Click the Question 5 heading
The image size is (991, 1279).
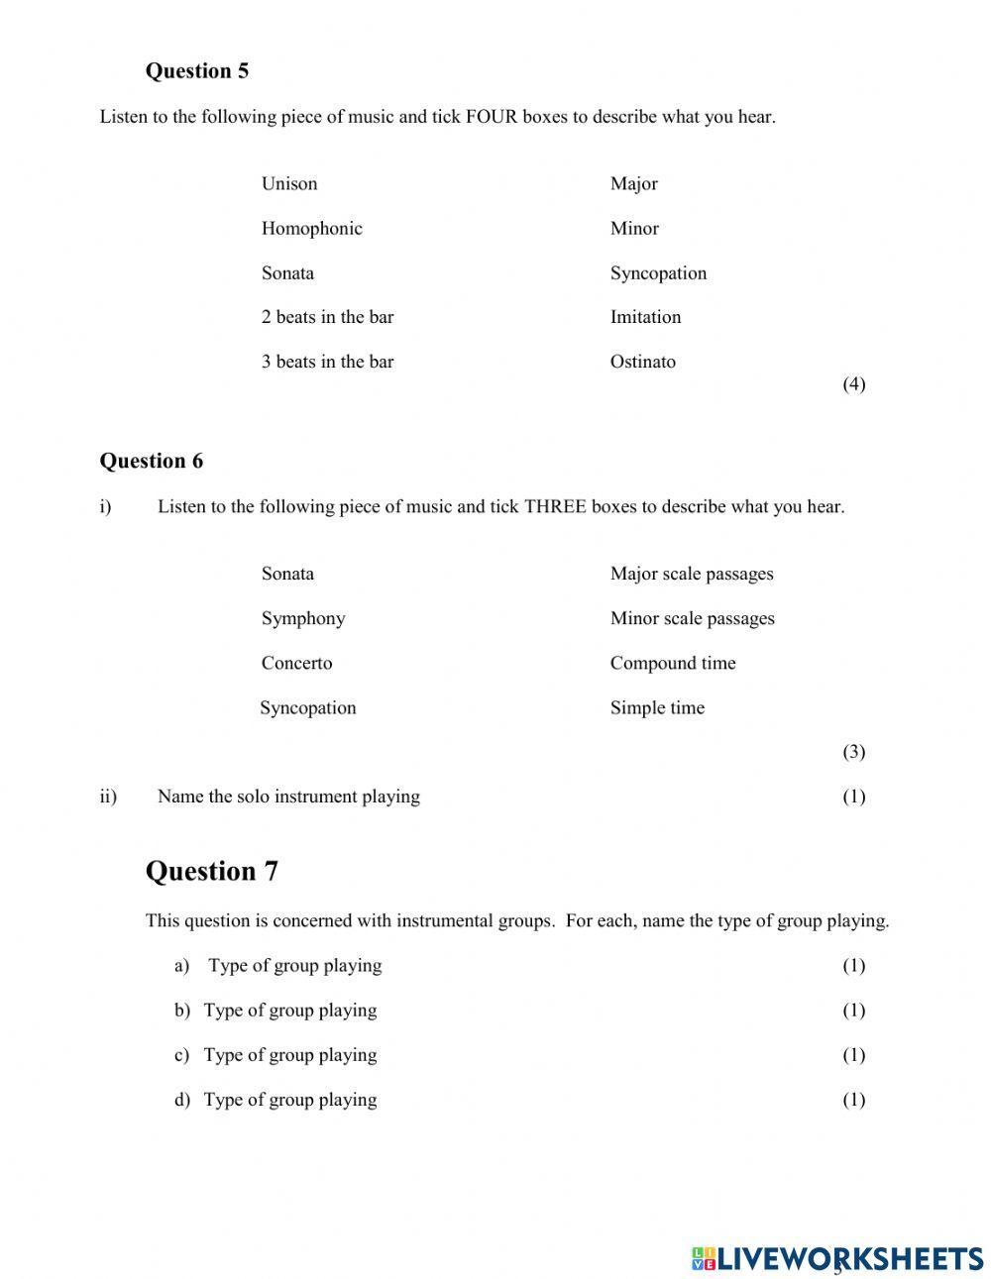pos(196,71)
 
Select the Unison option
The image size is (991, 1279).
pos(289,183)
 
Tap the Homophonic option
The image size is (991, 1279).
pos(311,228)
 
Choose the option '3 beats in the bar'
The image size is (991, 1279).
pos(327,362)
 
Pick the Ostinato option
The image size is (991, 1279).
pos(642,362)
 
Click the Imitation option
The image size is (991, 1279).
pos(645,317)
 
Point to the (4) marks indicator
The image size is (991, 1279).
pos(853,384)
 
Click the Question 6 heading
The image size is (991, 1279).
pos(151,461)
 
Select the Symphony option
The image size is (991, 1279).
pos(303,618)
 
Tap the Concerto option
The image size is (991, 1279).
pos(296,663)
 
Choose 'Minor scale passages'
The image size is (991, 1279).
pos(692,618)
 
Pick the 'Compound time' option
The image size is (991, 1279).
pos(672,663)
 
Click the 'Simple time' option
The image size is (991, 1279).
pos(657,707)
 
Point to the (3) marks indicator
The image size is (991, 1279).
pos(853,752)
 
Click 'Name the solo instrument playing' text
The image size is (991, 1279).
pos(288,797)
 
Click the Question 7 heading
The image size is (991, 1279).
pos(211,871)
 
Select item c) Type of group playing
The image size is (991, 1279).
pos(289,1055)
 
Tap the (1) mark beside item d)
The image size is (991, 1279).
pos(853,1100)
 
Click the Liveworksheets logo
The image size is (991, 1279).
pos(837,1258)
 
